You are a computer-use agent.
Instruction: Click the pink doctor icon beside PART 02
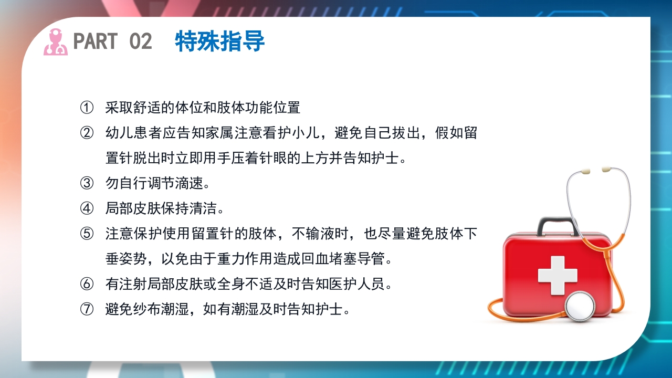pyautogui.click(x=56, y=42)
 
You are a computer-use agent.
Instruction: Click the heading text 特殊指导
pyautogui.click(x=219, y=41)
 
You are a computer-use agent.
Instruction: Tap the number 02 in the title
pyautogui.click(x=140, y=41)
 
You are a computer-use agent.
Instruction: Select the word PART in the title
pyautogui.click(x=95, y=41)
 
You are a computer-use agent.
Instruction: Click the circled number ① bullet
pyautogui.click(x=87, y=108)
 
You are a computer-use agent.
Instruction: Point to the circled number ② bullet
pyautogui.click(x=87, y=133)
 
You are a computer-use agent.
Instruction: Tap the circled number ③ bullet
pyautogui.click(x=87, y=183)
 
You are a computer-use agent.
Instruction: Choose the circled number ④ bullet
pyautogui.click(x=87, y=208)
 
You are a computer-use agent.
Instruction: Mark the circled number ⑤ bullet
pyautogui.click(x=87, y=234)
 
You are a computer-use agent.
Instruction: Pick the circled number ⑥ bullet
pyautogui.click(x=87, y=284)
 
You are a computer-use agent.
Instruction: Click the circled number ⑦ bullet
pyautogui.click(x=87, y=309)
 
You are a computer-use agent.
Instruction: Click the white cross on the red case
pyautogui.click(x=558, y=275)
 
